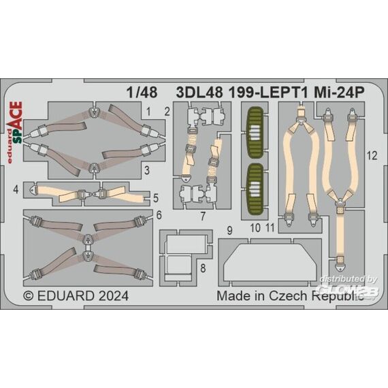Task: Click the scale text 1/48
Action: click(x=142, y=93)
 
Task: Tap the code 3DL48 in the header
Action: click(x=199, y=93)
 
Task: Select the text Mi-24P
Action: click(x=339, y=93)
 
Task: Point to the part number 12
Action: click(x=372, y=156)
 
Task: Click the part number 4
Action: click(x=16, y=190)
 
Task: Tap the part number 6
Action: click(x=159, y=215)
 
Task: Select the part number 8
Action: click(x=203, y=268)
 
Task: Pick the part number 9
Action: click(x=230, y=231)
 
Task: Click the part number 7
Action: click(x=203, y=216)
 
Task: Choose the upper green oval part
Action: click(x=255, y=133)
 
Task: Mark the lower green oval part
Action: click(x=255, y=189)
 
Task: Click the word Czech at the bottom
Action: click(x=288, y=295)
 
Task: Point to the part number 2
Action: click(x=167, y=112)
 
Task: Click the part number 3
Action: click(x=147, y=170)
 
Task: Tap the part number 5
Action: click(x=156, y=198)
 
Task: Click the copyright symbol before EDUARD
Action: click(x=29, y=296)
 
